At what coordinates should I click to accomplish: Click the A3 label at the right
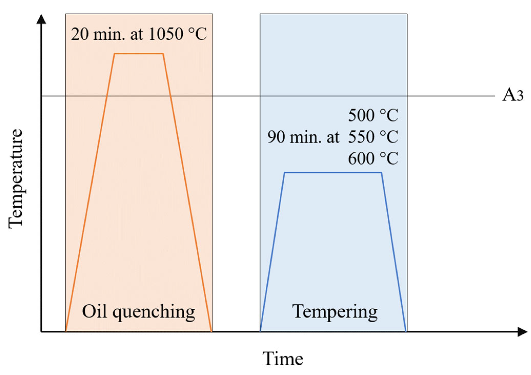point(512,95)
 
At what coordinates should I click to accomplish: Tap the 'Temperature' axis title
point(16,179)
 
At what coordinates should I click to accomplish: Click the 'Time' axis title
point(283,359)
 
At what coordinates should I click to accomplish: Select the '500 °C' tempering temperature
point(373,115)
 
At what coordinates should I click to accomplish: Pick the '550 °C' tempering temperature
point(373,137)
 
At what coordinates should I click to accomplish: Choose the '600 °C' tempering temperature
point(373,158)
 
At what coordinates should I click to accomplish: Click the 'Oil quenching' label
point(138,312)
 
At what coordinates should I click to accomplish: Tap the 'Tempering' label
point(335,312)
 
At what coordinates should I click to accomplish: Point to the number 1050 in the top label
point(166,34)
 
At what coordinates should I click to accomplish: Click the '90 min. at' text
point(303,137)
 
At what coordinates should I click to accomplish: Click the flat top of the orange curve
point(139,54)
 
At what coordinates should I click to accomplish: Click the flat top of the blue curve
point(333,173)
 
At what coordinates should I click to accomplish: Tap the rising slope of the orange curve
point(90,191)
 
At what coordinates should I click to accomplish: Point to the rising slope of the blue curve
point(272,252)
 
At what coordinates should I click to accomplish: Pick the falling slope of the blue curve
point(394,252)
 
